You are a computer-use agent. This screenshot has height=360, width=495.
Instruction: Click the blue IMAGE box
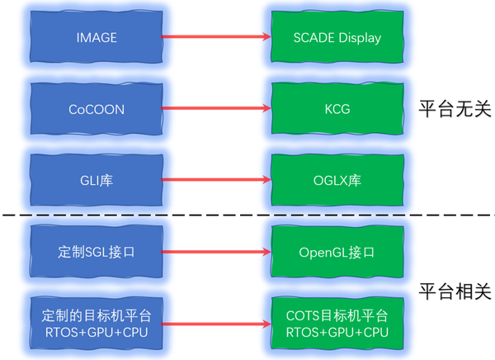(97, 37)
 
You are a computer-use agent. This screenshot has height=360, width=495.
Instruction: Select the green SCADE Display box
(337, 37)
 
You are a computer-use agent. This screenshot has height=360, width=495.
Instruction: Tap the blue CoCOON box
(97, 108)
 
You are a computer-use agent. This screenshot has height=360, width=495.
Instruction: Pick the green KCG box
(337, 108)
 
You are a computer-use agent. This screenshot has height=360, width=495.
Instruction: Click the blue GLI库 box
(97, 179)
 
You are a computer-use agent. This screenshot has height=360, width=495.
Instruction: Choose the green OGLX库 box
(337, 179)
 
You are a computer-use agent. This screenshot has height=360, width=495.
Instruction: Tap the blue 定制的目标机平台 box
(97, 324)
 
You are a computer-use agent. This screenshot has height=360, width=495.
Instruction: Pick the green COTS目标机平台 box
(337, 324)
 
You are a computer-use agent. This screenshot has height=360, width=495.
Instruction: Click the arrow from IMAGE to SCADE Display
(216, 37)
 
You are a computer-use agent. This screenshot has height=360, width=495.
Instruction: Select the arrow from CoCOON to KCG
(216, 108)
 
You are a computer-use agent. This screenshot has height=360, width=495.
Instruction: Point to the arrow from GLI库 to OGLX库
(216, 179)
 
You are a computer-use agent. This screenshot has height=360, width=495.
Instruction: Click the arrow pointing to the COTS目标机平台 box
(216, 324)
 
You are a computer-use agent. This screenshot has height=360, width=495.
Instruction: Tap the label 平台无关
(454, 109)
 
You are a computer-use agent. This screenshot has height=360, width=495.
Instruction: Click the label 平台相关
(454, 291)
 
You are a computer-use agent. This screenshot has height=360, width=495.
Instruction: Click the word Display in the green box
(360, 37)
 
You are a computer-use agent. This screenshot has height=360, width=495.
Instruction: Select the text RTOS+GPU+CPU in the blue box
(97, 332)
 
